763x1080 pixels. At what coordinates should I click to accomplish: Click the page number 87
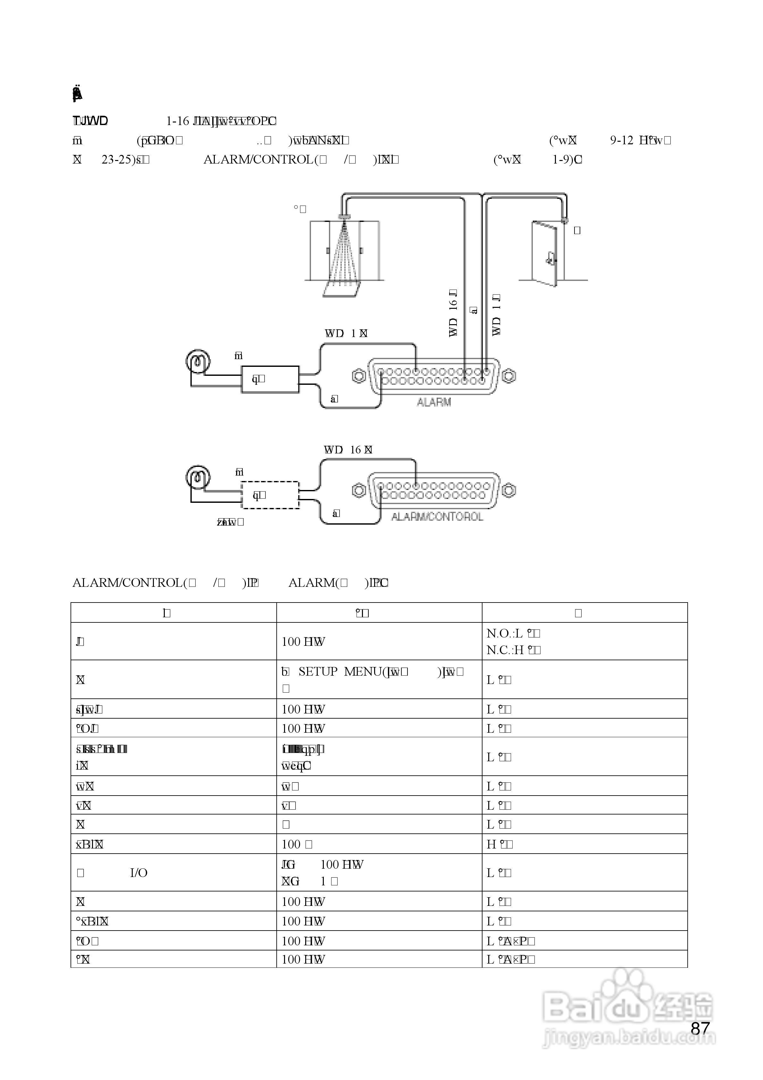(700, 1029)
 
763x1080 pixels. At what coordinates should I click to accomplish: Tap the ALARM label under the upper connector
(434, 402)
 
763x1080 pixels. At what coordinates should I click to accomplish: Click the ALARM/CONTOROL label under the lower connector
(437, 517)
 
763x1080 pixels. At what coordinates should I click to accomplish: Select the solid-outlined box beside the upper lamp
(270, 379)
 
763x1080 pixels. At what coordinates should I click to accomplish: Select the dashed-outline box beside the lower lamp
(270, 495)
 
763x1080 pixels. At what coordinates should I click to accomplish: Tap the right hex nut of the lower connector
(508, 491)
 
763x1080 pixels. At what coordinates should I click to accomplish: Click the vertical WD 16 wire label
(453, 313)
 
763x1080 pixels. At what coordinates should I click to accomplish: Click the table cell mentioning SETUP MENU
(379, 679)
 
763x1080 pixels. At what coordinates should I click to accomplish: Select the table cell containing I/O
(173, 873)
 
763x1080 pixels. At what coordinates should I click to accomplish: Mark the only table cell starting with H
(584, 844)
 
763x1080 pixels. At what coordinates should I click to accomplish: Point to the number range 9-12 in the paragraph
(621, 140)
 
